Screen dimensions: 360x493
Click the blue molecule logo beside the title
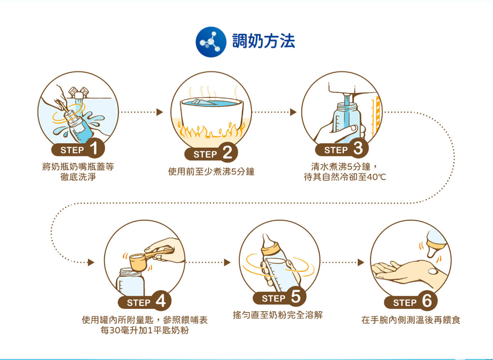click(x=212, y=42)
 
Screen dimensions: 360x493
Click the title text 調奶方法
click(x=263, y=42)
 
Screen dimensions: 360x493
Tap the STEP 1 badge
click(x=78, y=150)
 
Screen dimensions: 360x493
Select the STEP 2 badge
click(x=211, y=154)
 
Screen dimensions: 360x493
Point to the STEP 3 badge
click(x=342, y=150)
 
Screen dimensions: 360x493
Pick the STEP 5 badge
click(x=279, y=298)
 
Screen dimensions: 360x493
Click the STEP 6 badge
click(x=410, y=302)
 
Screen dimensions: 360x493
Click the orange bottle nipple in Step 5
click(x=269, y=244)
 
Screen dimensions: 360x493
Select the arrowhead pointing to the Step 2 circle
click(x=160, y=112)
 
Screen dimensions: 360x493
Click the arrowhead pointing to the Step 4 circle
click(x=91, y=262)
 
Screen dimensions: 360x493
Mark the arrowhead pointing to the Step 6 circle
click(x=361, y=262)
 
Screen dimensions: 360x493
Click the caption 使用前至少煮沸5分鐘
click(x=211, y=171)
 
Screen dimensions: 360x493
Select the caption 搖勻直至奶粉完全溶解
click(x=278, y=315)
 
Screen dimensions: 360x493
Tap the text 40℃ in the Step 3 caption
click(x=378, y=177)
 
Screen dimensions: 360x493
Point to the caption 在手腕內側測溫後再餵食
click(x=411, y=320)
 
